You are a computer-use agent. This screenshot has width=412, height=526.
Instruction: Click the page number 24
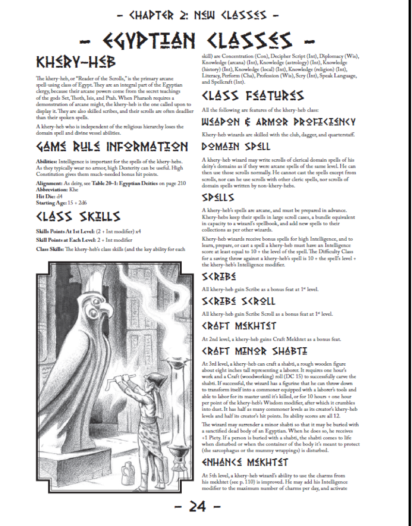[x=197, y=507]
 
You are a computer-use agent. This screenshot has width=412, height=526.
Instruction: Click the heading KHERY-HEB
[x=76, y=62]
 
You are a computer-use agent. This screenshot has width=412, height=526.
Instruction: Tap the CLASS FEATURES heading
[x=253, y=95]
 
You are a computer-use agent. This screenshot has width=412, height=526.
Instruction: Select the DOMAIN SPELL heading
[x=236, y=146]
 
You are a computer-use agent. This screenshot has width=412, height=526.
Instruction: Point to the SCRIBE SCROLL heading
[x=238, y=301]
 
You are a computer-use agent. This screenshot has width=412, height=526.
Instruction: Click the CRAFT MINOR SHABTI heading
[x=254, y=351]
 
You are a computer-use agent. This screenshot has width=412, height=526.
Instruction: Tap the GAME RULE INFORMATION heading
[x=112, y=146]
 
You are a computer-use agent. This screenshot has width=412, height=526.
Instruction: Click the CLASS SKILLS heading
[x=78, y=217]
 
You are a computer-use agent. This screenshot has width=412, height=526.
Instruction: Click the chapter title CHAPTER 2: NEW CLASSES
[x=198, y=15]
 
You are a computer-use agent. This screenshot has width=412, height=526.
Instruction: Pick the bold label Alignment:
[x=49, y=184]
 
